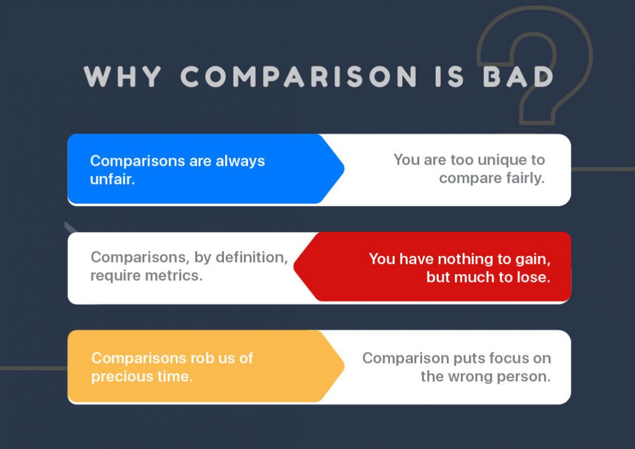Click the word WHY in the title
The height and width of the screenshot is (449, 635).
click(122, 77)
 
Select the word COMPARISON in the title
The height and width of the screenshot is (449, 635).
click(299, 77)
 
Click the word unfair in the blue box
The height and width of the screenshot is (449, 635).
click(111, 179)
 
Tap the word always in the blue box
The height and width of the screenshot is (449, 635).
click(240, 161)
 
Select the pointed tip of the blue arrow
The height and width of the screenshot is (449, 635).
click(343, 169)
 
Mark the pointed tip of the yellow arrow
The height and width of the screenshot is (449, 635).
click(343, 366)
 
